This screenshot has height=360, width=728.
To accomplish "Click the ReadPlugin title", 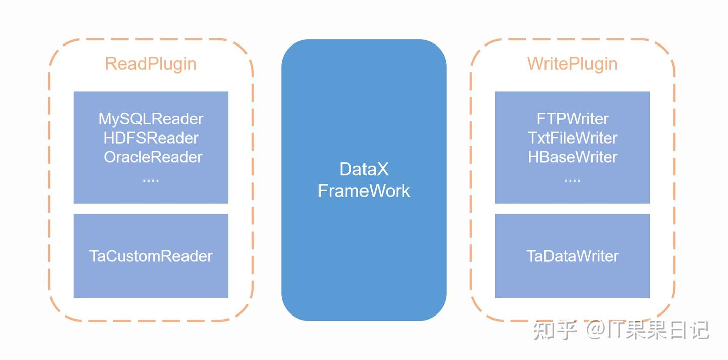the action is [x=151, y=64].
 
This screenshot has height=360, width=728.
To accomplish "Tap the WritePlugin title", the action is [x=572, y=64].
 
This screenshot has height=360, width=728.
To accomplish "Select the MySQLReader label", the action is [x=151, y=119].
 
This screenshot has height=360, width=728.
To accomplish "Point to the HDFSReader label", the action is [x=151, y=138].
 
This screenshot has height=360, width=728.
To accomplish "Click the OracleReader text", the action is [x=153, y=157].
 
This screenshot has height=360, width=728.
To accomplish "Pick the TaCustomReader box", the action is [x=151, y=256].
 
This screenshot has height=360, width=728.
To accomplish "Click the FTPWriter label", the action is [x=572, y=119].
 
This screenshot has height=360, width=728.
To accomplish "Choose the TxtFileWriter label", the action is [x=572, y=138].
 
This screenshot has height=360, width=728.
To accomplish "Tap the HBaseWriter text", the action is [x=572, y=157].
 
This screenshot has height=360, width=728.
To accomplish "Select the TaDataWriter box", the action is [x=572, y=256].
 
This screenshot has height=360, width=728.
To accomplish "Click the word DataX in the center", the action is [x=364, y=169].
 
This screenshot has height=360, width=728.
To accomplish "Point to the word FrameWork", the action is [x=364, y=191].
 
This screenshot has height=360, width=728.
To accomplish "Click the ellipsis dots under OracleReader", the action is [x=151, y=180].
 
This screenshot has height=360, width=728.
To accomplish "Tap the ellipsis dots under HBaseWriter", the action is [x=572, y=180].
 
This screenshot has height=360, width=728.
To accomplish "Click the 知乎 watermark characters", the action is [x=555, y=330].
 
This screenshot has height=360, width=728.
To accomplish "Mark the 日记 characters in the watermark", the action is [x=690, y=330].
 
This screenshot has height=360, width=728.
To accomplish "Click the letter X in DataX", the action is [x=382, y=169].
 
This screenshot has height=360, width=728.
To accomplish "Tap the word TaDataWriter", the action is [x=572, y=256].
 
